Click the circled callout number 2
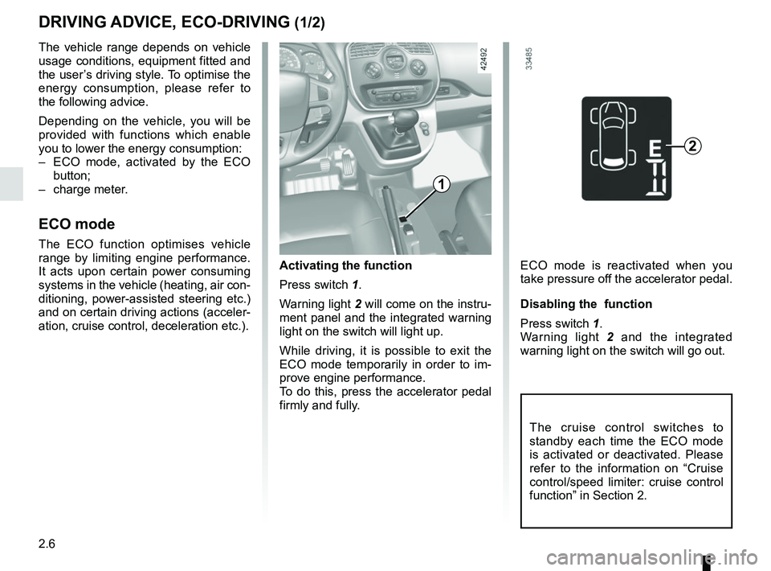[x=692, y=145]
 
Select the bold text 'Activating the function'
[x=345, y=265]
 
